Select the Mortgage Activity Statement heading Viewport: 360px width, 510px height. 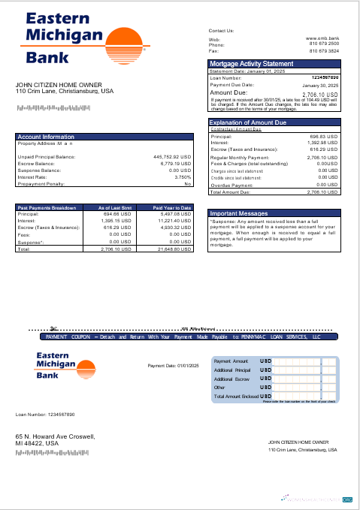click(x=251, y=64)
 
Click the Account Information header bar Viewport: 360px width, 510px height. click(x=46, y=137)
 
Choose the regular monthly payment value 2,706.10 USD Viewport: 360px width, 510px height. click(x=323, y=158)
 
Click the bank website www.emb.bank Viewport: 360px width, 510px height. click(x=322, y=38)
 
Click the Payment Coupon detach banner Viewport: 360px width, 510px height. click(x=180, y=337)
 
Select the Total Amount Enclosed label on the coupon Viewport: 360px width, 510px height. click(x=236, y=396)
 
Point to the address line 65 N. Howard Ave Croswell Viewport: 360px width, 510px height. click(x=56, y=436)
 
